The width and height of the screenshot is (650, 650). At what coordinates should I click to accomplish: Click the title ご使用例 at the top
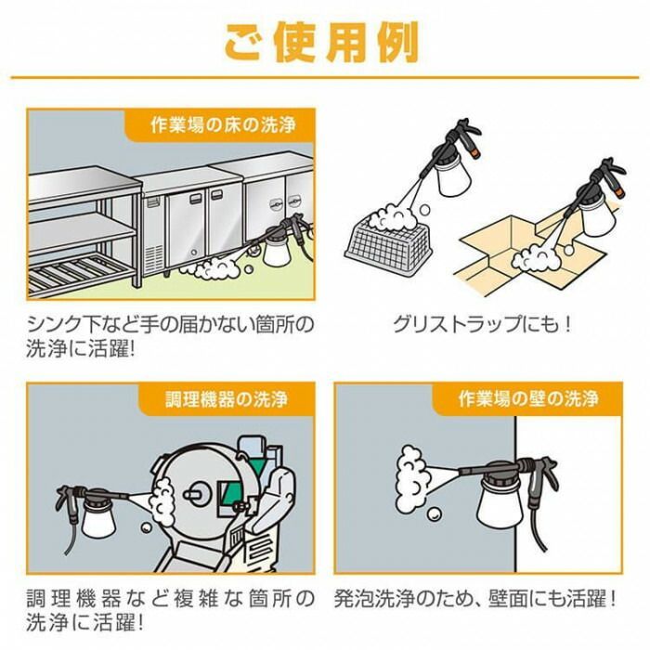point(322,41)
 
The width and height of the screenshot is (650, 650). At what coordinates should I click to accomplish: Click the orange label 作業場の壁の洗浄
point(527,400)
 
